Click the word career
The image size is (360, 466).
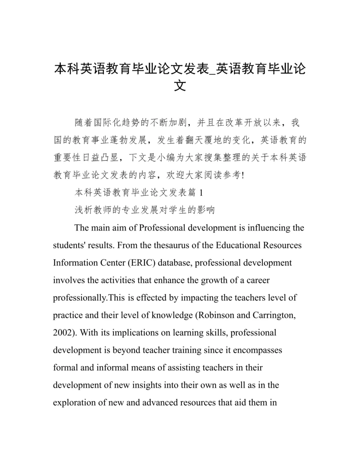click(x=257, y=280)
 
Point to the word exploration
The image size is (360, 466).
click(x=73, y=403)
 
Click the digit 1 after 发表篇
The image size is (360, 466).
click(x=201, y=193)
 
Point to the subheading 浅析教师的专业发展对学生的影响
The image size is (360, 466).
click(x=144, y=210)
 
